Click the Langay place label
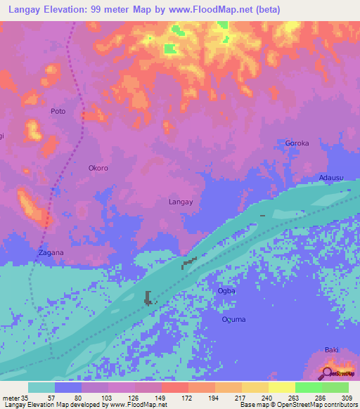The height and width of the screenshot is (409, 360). coord(181,202)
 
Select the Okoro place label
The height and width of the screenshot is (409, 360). coord(98,168)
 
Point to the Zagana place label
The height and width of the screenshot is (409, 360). coord(51,252)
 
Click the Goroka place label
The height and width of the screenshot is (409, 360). coord(297,143)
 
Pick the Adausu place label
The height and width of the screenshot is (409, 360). coord(331,178)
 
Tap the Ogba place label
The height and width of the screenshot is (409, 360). coord(226,290)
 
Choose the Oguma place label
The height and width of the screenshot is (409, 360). coord(233,320)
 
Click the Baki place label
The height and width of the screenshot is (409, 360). coord(332,349)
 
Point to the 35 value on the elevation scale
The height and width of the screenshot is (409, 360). coord(25,397)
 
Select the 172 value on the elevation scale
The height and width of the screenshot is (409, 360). coord(188,397)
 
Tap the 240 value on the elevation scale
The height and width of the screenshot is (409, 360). coord(268,397)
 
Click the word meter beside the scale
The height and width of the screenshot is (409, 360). coord(10,397)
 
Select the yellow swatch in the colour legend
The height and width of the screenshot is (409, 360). coord(282,387)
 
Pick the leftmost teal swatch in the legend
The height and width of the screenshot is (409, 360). coord(41,387)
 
